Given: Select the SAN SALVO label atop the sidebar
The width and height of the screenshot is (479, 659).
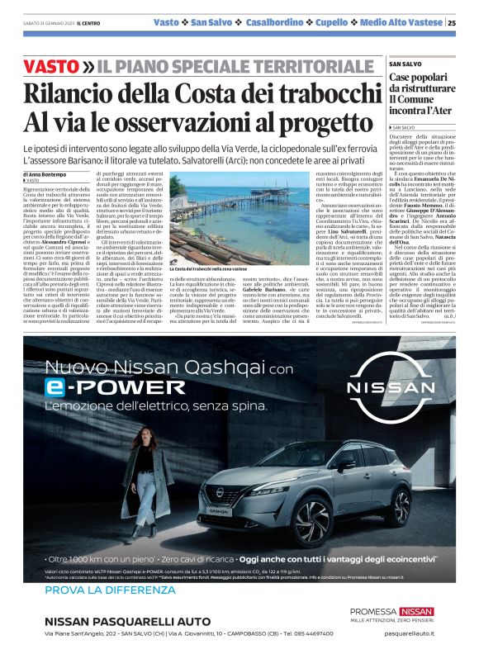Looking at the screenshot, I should coord(405,63).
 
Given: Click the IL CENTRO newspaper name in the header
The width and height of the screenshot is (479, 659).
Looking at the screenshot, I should coord(89,23).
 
